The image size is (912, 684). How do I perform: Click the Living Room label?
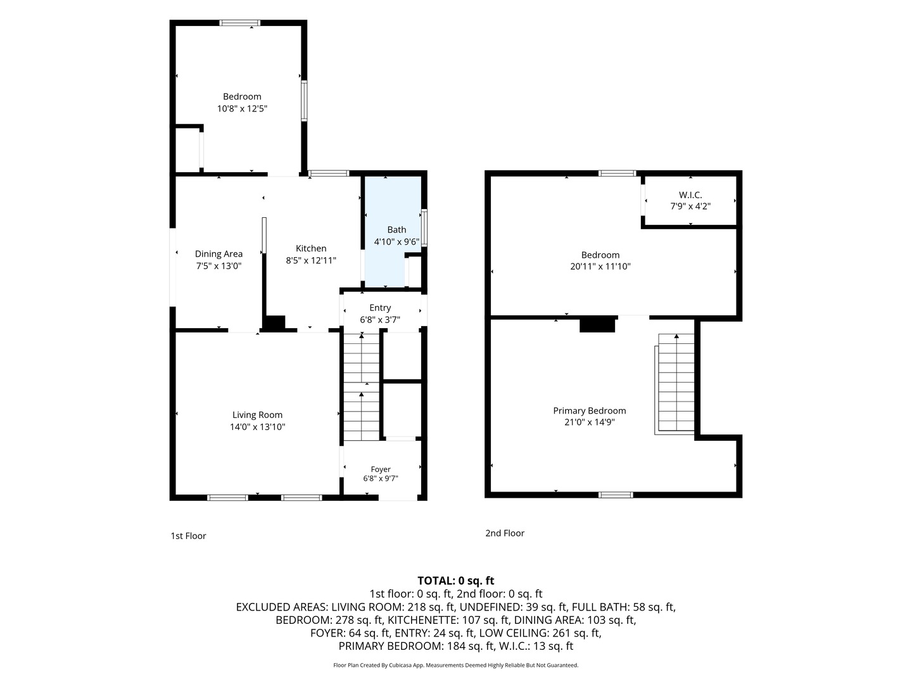click(x=257, y=414)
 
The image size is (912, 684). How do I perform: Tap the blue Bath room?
click(x=393, y=232)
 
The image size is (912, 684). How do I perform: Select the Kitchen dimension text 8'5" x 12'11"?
click(x=311, y=260)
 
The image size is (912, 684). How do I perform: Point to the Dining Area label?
click(x=218, y=254)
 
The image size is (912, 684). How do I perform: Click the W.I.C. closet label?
click(x=690, y=195)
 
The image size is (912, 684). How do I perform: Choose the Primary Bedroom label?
click(x=589, y=411)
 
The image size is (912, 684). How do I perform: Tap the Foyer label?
click(x=381, y=469)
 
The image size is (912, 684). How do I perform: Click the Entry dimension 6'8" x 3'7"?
click(x=380, y=320)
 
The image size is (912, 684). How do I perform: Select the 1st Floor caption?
click(x=188, y=536)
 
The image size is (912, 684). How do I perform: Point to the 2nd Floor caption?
click(x=505, y=533)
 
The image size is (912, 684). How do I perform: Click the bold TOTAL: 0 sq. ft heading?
click(x=456, y=581)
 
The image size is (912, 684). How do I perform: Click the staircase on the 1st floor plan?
click(x=362, y=386)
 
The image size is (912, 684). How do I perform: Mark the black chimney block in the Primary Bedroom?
click(x=597, y=324)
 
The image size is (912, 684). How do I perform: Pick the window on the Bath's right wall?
click(x=424, y=229)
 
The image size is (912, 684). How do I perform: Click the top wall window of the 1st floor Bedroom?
click(x=240, y=23)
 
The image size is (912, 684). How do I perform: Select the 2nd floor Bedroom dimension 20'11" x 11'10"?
click(x=600, y=267)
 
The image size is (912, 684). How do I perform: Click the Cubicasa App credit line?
click(x=456, y=665)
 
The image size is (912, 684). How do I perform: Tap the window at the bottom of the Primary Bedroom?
click(x=616, y=495)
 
